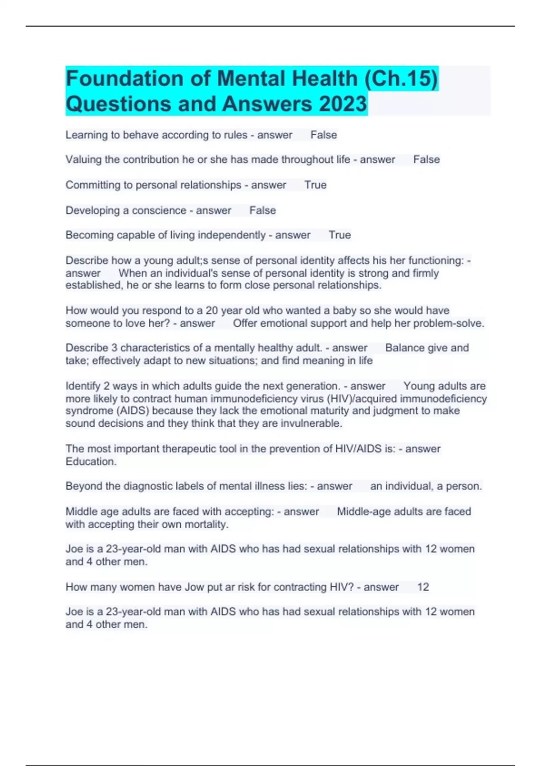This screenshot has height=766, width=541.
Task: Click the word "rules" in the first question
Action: (236, 135)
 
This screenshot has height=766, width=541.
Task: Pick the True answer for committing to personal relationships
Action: (315, 185)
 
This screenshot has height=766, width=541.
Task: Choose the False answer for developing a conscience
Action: (262, 210)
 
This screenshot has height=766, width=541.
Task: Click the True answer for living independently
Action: (339, 235)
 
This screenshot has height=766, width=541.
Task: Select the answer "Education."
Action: (91, 461)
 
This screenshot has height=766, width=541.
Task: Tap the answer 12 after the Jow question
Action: (423, 587)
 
